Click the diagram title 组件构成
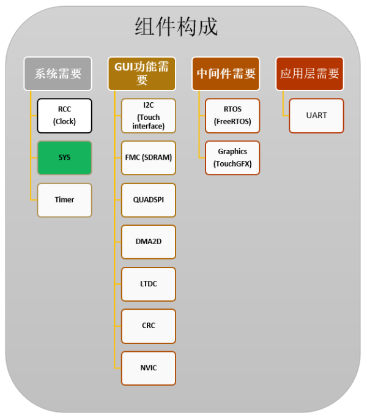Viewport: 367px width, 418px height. pos(176,26)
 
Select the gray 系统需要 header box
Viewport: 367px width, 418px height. pos(58,74)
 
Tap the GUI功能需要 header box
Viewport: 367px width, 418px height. pos(142,74)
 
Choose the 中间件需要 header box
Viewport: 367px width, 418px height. pos(226,74)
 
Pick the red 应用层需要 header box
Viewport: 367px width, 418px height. pos(310,74)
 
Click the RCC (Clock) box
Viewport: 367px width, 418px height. pos(64,116)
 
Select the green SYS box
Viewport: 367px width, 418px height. pos(64,158)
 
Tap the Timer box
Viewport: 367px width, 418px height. pos(64,200)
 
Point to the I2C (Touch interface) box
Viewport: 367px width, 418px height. pos(149,116)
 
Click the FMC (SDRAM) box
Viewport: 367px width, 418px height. pos(149,158)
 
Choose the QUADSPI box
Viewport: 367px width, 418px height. pos(149,200)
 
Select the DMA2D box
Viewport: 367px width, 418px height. pos(149,242)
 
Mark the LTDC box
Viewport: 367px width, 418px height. pos(149,284)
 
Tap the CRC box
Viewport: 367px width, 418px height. pos(149,326)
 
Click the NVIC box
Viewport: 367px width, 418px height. pos(149,368)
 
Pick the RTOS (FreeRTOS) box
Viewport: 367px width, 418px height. pos(232,116)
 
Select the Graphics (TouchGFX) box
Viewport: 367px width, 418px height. pos(232,158)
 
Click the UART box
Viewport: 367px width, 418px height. pos(316,116)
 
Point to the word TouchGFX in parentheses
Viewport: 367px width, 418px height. pos(232,163)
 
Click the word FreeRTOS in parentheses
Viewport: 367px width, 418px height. pos(232,122)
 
